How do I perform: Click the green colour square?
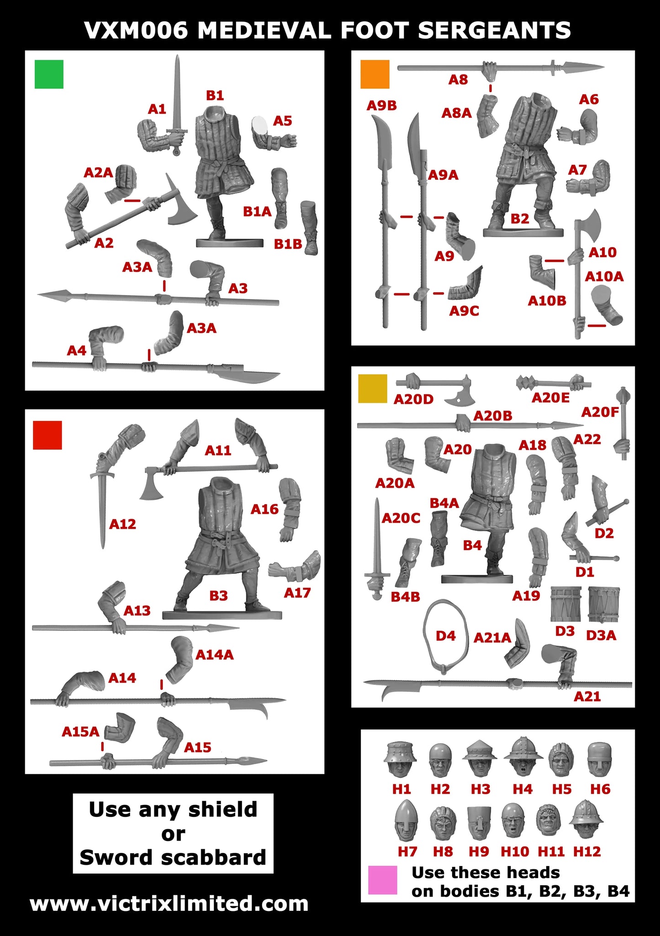click(49, 74)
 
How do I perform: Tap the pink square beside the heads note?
click(382, 879)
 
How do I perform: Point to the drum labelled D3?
click(565, 604)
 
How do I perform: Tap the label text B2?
click(519, 219)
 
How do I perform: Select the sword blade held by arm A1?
click(177, 91)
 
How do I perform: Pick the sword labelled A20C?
click(377, 548)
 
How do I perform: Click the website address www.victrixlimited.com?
click(169, 904)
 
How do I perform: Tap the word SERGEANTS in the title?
click(494, 31)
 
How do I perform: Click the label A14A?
click(214, 655)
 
